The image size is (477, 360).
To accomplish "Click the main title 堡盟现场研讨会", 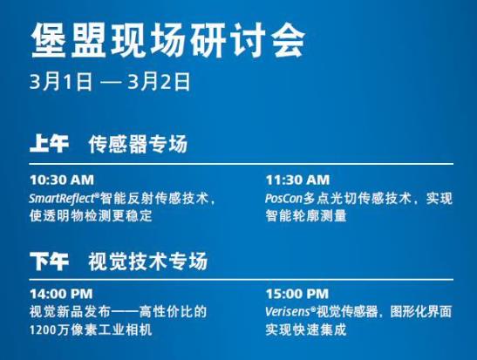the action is [167, 40].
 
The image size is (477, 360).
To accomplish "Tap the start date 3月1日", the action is [61, 81].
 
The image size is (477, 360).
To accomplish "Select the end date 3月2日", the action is [159, 81].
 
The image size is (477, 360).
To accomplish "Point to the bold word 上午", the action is [49, 143].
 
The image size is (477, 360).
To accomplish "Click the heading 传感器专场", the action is [138, 143].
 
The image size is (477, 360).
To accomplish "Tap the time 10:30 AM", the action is [62, 180].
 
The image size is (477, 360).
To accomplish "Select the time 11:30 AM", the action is [297, 180].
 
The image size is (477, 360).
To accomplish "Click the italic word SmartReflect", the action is [63, 199].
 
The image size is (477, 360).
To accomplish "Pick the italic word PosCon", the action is [283, 199].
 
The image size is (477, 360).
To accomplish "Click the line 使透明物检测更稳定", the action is [91, 216].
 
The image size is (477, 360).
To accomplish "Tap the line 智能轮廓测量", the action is [306, 216].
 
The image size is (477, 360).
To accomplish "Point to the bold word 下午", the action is [49, 261].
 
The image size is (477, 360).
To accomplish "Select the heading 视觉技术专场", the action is [148, 261].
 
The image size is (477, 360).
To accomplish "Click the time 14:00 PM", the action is [61, 294].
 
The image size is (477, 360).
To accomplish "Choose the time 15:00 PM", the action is [297, 294].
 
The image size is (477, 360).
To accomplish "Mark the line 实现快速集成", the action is [306, 329].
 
